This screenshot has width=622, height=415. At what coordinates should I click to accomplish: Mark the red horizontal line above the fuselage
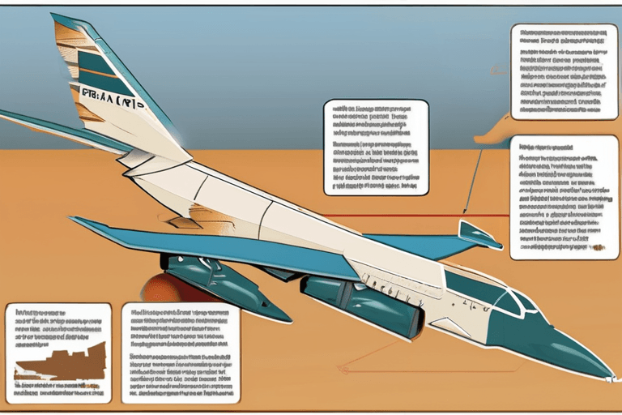pyautogui.click(x=389, y=216)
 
